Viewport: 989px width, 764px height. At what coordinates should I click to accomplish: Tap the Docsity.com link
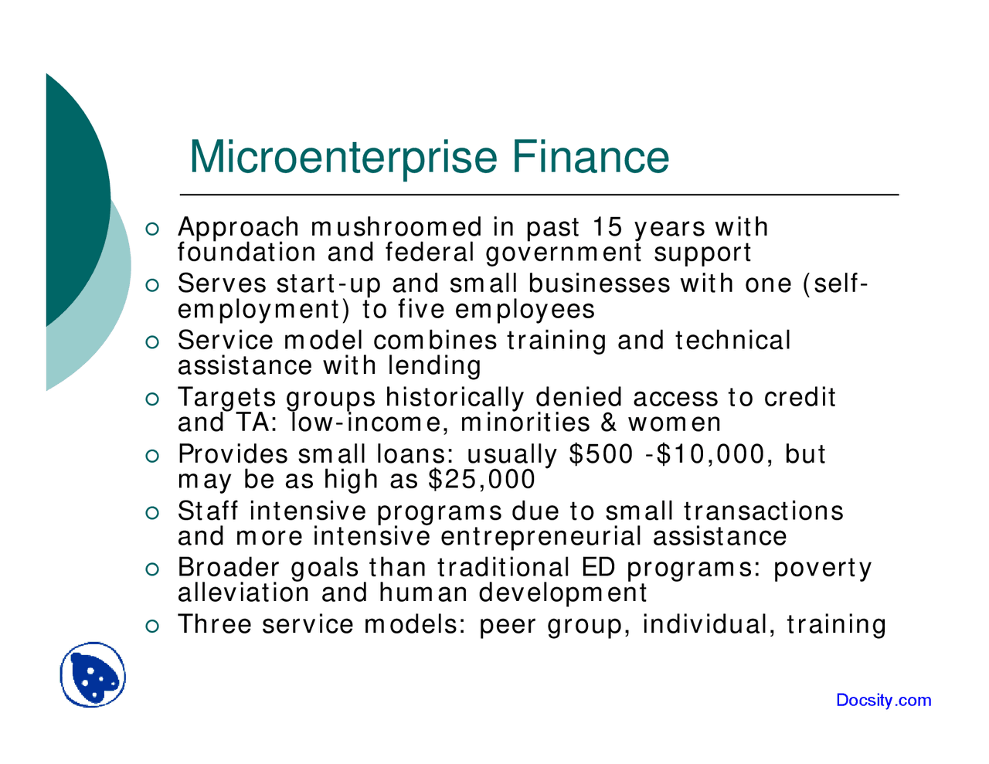pos(883,701)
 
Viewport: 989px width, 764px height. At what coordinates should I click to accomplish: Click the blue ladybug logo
pos(93,675)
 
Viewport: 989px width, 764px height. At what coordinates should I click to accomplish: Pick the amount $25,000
pos(481,480)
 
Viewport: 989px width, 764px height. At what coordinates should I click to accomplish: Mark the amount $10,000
pos(715,454)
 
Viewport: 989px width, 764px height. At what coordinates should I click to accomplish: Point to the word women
pos(675,423)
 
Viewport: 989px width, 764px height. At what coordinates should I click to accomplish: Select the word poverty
pos(823,569)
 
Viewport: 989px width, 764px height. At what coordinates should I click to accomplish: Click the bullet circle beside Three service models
pos(152,625)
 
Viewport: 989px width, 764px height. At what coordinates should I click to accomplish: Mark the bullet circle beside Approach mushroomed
pos(152,229)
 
